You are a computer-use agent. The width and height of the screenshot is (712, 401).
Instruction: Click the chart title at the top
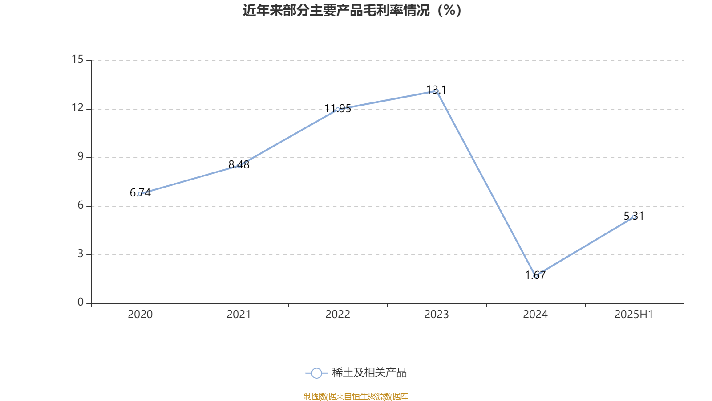[x=352, y=10]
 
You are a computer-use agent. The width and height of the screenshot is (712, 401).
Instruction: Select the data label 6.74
[x=140, y=193]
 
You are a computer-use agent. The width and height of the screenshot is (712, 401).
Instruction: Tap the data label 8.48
[x=239, y=165]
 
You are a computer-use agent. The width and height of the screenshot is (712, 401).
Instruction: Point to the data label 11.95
[x=338, y=108]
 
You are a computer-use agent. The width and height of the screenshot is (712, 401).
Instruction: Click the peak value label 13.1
[x=437, y=90]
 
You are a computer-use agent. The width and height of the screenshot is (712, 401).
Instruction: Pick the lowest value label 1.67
[x=535, y=275]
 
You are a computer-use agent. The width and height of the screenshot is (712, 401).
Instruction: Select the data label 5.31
[x=634, y=216]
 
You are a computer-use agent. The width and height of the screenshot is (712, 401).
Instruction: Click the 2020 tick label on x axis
[x=140, y=315]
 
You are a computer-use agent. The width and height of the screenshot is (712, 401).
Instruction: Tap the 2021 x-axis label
[x=239, y=315]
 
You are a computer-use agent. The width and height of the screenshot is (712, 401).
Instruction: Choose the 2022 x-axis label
[x=338, y=315]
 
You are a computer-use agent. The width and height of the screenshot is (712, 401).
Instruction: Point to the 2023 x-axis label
[x=437, y=315]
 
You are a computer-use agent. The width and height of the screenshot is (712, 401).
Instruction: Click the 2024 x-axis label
[x=535, y=315]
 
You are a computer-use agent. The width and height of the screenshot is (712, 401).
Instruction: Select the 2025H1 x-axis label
[x=634, y=315]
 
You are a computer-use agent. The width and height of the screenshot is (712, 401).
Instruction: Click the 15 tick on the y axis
[x=78, y=59]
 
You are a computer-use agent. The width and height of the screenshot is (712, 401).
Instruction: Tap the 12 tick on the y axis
[x=78, y=108]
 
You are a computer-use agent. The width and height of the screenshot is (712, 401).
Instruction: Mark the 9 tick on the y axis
[x=81, y=156]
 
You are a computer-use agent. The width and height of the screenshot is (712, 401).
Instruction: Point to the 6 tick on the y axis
[x=81, y=205]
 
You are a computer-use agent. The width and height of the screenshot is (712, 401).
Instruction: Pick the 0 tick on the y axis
[x=81, y=302]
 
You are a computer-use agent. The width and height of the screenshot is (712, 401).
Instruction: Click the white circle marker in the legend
[x=316, y=373]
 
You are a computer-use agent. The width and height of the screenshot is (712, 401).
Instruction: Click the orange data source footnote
[x=356, y=396]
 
